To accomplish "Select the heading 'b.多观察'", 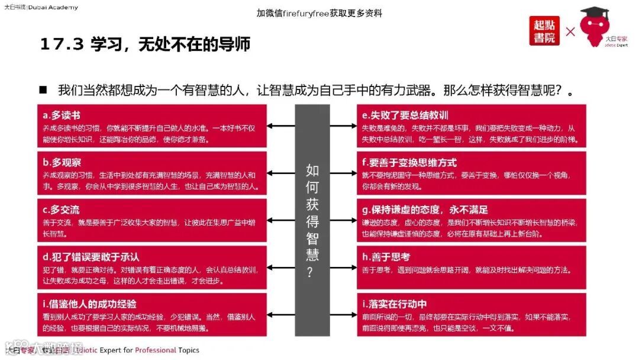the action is tap(62, 162).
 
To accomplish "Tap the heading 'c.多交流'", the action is tap(61, 210).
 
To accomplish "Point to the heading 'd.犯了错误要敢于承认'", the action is tap(91, 257).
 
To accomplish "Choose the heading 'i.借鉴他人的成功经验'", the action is tap(89, 304).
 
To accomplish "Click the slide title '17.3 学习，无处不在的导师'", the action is tap(145, 44).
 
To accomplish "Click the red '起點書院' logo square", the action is tap(544, 31).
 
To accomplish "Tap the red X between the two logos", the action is tap(570, 31).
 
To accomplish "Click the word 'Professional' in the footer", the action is tap(156, 350).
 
